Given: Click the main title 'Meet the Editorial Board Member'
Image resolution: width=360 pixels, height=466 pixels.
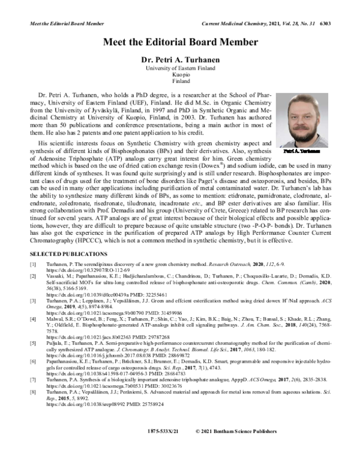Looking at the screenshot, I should tap(180, 42).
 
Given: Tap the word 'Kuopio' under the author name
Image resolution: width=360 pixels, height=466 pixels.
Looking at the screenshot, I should tap(180, 76).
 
